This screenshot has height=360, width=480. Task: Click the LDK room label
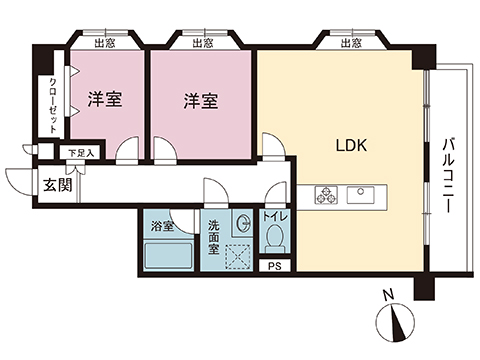[350, 144]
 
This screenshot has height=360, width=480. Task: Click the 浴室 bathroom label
[161, 226]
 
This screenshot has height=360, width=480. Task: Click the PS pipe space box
[274, 265]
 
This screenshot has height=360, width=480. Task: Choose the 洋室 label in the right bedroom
[201, 101]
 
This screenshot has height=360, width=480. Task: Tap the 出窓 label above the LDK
[349, 42]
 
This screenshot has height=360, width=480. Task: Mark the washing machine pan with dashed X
[236, 256]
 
